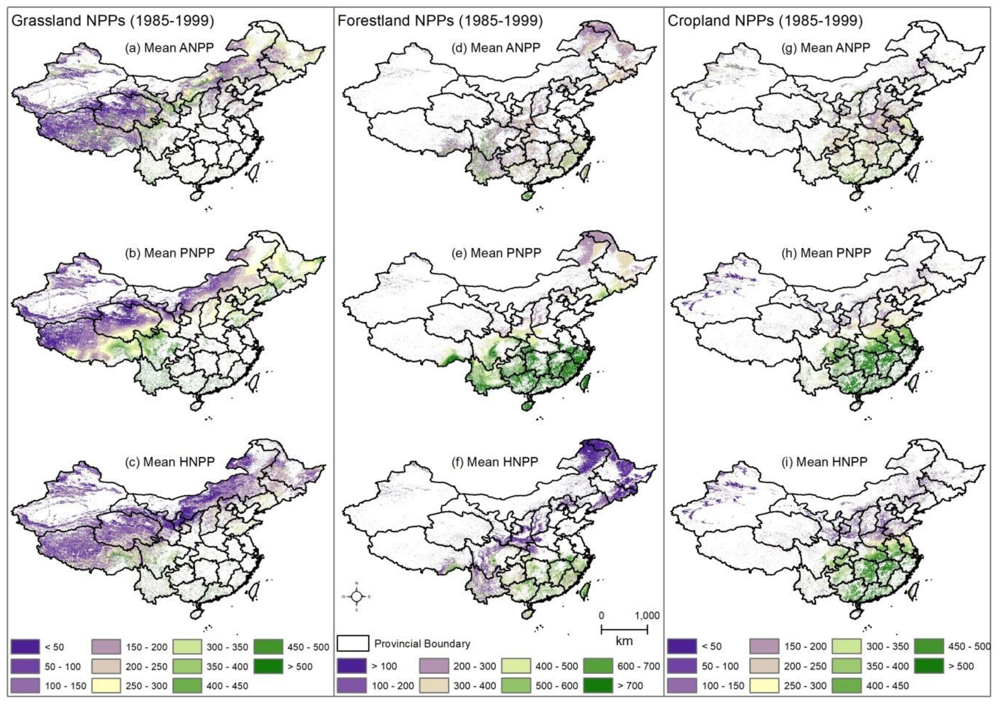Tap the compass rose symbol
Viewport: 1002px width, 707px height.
pos(357,596)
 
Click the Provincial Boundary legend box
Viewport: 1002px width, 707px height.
pos(353,643)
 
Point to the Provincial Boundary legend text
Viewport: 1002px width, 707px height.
pos(422,643)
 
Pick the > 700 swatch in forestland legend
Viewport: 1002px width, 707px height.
pos(598,686)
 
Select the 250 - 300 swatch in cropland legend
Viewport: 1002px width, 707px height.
pos(764,686)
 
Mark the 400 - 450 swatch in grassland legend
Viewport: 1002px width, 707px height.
pos(187,686)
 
